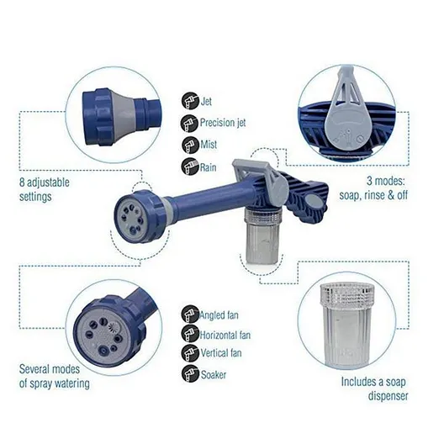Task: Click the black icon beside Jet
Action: [190, 101]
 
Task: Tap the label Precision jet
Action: [223, 123]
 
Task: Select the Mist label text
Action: [209, 145]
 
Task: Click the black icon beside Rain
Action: [190, 166]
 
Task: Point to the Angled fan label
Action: [219, 315]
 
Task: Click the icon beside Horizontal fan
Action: [190, 334]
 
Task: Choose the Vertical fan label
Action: [221, 353]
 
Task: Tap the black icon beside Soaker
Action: [190, 374]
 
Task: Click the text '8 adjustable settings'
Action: [45, 189]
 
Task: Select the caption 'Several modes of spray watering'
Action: [55, 377]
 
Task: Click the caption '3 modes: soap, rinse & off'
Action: [373, 188]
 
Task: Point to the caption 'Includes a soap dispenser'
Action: [374, 388]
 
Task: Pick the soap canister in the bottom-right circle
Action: [346, 325]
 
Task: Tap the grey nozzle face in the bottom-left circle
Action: [103, 336]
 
